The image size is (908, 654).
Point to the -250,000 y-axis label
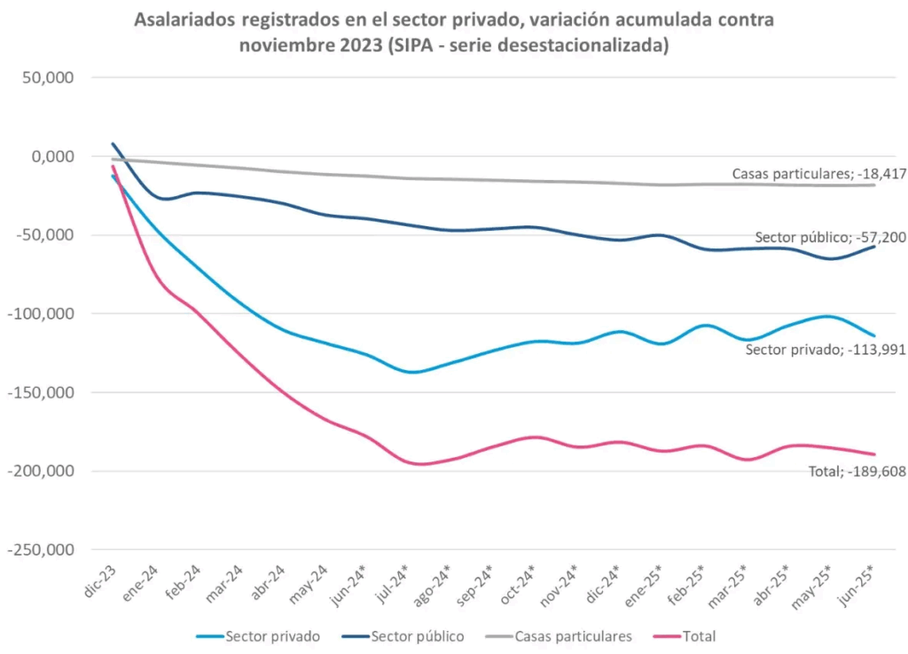pyautogui.click(x=43, y=550)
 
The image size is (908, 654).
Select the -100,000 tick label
pyautogui.click(x=43, y=314)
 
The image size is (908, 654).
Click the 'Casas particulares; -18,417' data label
pyautogui.click(x=818, y=174)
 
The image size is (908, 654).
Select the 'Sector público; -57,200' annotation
pyautogui.click(x=830, y=237)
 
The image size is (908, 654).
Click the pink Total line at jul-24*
pyautogui.click(x=413, y=463)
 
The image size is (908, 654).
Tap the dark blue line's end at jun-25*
pyautogui.click(x=874, y=246)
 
